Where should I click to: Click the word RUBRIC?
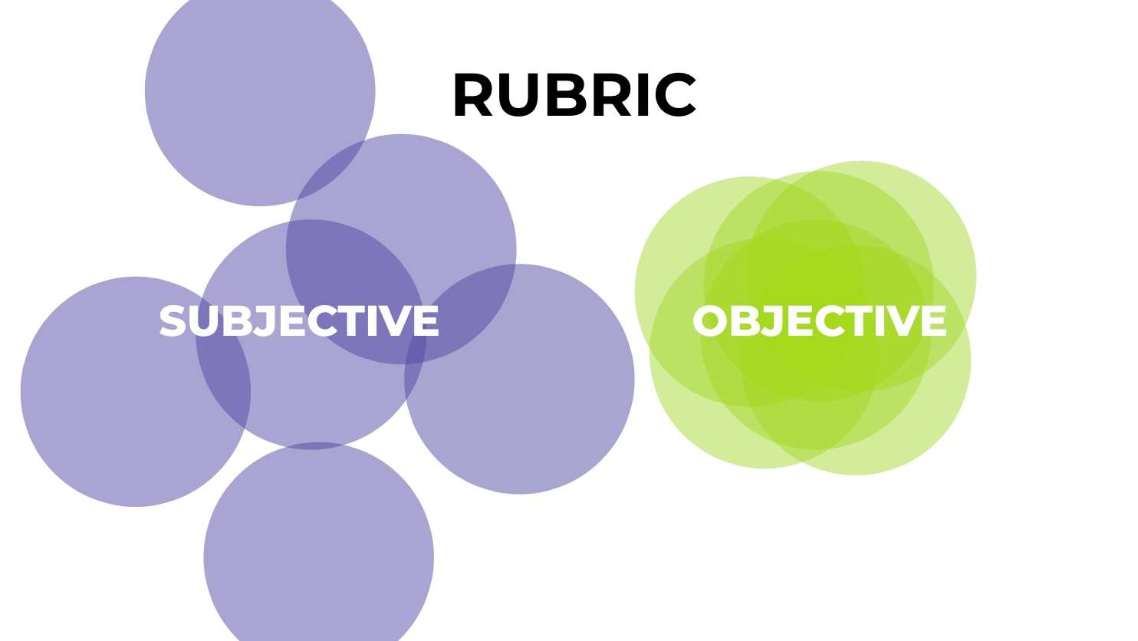(574, 96)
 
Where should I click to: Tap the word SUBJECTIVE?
(298, 321)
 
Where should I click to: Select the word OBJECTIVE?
(819, 321)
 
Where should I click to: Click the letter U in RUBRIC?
(518, 96)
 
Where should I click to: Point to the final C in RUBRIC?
(679, 96)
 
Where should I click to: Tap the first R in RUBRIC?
(472, 96)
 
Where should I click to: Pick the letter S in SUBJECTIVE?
(173, 321)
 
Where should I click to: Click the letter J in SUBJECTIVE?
(265, 321)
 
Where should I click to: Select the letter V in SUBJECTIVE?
(396, 321)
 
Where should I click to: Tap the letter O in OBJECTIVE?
(709, 321)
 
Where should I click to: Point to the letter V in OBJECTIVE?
(903, 321)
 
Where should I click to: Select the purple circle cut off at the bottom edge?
(318, 560)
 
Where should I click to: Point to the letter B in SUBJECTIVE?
(236, 321)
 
